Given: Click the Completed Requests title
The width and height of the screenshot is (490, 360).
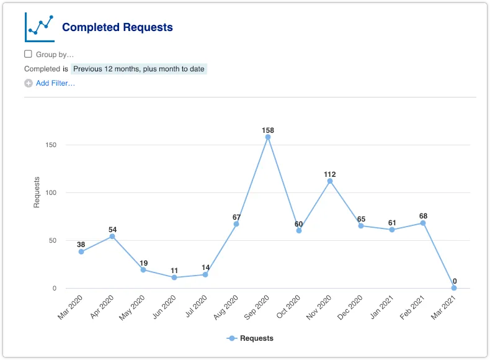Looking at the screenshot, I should tap(117, 27).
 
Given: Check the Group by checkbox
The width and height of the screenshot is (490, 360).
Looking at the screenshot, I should tap(28, 54).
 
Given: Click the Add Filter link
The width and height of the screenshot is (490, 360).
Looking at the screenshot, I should tap(55, 83).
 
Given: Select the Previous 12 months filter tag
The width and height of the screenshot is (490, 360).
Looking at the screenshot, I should tap(138, 69).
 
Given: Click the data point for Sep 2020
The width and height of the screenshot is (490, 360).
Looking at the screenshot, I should tap(268, 137).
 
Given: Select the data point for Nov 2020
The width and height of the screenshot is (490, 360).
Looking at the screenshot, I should tap(330, 181).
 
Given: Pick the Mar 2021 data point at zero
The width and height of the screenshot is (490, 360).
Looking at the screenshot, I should tap(454, 288).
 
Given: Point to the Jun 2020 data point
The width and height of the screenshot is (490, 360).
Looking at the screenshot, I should tap(174, 277).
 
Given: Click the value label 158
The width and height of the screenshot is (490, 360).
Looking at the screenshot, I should tap(268, 130).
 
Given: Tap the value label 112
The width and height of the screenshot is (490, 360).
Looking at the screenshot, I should tap(330, 174).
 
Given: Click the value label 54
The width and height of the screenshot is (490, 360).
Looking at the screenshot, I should tap(112, 230).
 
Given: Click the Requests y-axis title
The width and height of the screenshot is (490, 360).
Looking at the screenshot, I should tap(37, 192).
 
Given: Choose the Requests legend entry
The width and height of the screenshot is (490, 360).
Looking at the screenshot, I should tap(251, 338).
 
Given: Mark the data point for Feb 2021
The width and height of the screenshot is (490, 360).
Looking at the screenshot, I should tap(423, 223).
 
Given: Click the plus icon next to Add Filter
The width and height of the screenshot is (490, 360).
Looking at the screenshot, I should tap(29, 83).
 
